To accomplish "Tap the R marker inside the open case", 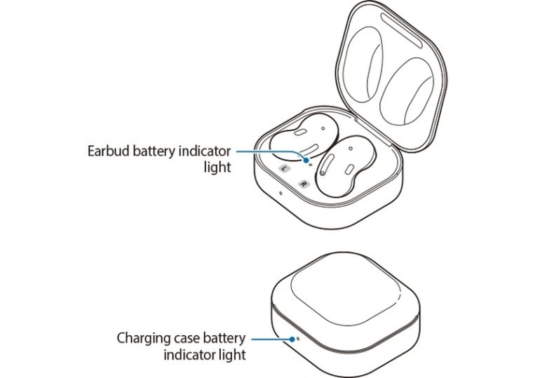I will pos(303,184).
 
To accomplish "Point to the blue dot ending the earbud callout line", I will pos(306,159).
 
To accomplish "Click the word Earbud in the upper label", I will pos(108,151).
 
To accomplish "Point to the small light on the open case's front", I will pos(281,193).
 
